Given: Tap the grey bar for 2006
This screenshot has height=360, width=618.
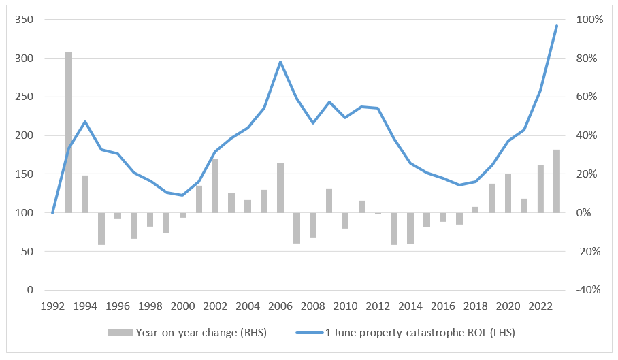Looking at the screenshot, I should pyautogui.click(x=280, y=188).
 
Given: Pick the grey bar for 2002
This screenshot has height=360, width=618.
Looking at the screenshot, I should pyautogui.click(x=215, y=186).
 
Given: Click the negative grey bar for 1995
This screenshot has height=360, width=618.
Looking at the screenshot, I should pyautogui.click(x=101, y=229).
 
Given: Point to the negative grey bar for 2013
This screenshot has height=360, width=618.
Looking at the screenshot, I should pyautogui.click(x=394, y=229).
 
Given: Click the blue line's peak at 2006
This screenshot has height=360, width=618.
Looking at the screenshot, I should pyautogui.click(x=280, y=62).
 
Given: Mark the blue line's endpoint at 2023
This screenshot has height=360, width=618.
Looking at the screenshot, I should pyautogui.click(x=557, y=26).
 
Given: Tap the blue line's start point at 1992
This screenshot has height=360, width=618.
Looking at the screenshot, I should pyautogui.click(x=52, y=213).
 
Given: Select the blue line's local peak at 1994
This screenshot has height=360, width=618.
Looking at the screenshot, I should pyautogui.click(x=85, y=122).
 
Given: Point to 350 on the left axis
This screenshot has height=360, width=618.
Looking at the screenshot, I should pyautogui.click(x=25, y=20).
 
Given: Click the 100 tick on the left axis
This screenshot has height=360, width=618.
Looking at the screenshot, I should pyautogui.click(x=25, y=213).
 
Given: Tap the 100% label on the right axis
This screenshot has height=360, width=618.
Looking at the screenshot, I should pyautogui.click(x=590, y=20).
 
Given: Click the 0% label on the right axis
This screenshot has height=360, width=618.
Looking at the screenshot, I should pyautogui.click(x=585, y=213).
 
